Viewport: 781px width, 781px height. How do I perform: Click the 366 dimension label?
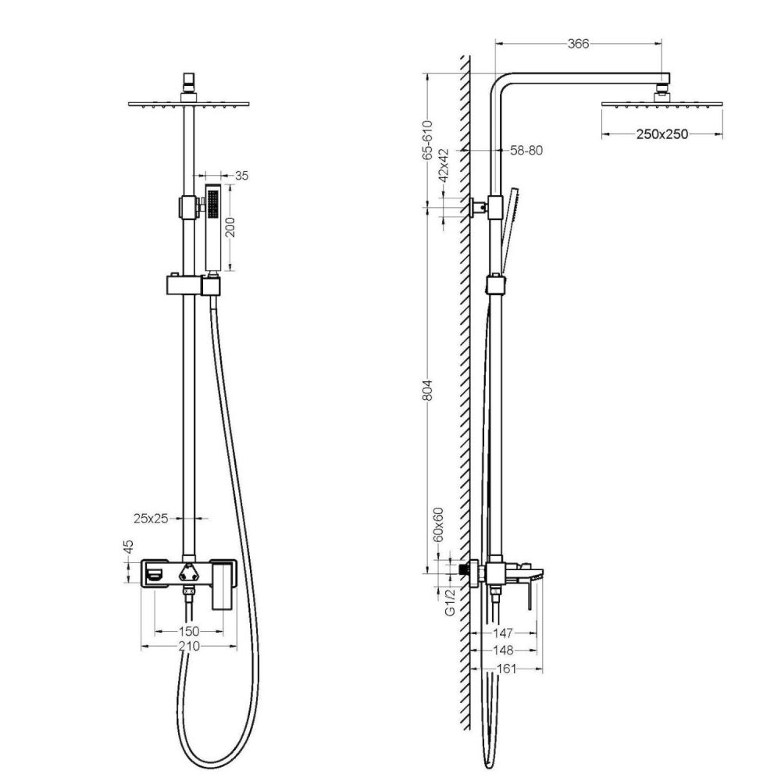tap(577, 44)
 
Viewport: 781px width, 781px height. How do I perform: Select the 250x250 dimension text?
tap(662, 134)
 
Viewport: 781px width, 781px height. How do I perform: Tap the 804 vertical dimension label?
tap(427, 391)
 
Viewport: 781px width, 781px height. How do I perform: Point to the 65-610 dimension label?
tap(427, 141)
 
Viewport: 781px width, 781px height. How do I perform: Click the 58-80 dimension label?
tap(526, 150)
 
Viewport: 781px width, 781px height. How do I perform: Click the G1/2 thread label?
tap(450, 603)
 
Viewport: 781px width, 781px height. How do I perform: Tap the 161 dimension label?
tap(508, 669)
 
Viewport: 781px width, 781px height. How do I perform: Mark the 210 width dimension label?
tap(188, 646)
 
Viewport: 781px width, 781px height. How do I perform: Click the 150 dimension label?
tap(188, 630)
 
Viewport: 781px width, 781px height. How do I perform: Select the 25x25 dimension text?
tap(152, 517)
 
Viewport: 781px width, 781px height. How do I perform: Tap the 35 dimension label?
tap(241, 176)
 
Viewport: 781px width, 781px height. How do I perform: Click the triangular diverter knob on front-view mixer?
tap(187, 572)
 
